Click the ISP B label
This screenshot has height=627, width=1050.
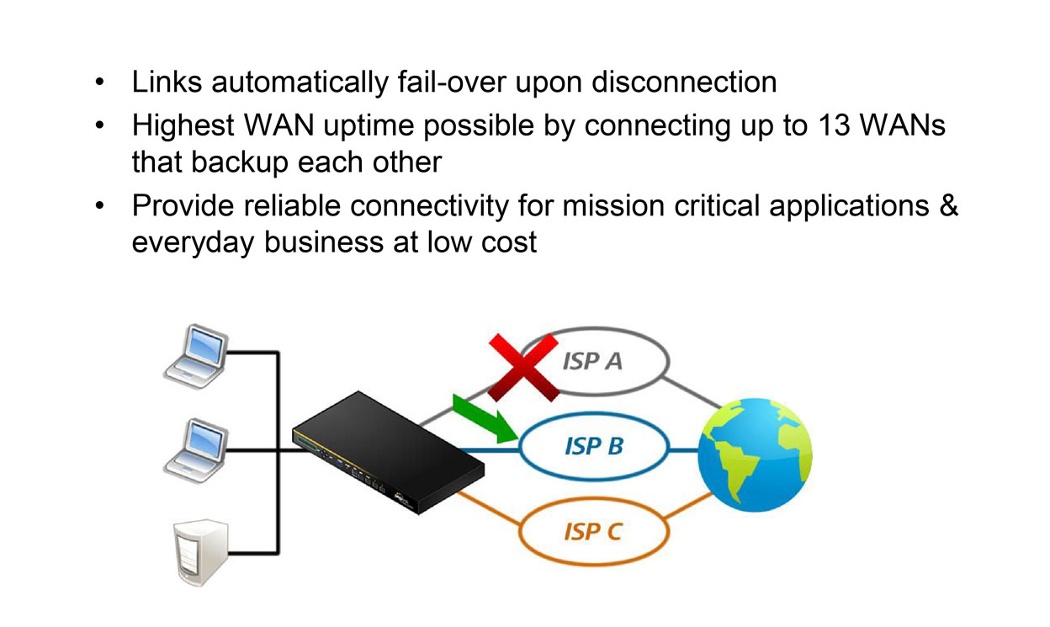(x=594, y=446)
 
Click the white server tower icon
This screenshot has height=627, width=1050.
(x=191, y=552)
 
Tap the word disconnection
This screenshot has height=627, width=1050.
(x=684, y=82)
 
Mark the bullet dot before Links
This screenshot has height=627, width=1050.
(x=100, y=83)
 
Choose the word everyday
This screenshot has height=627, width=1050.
(x=194, y=243)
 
